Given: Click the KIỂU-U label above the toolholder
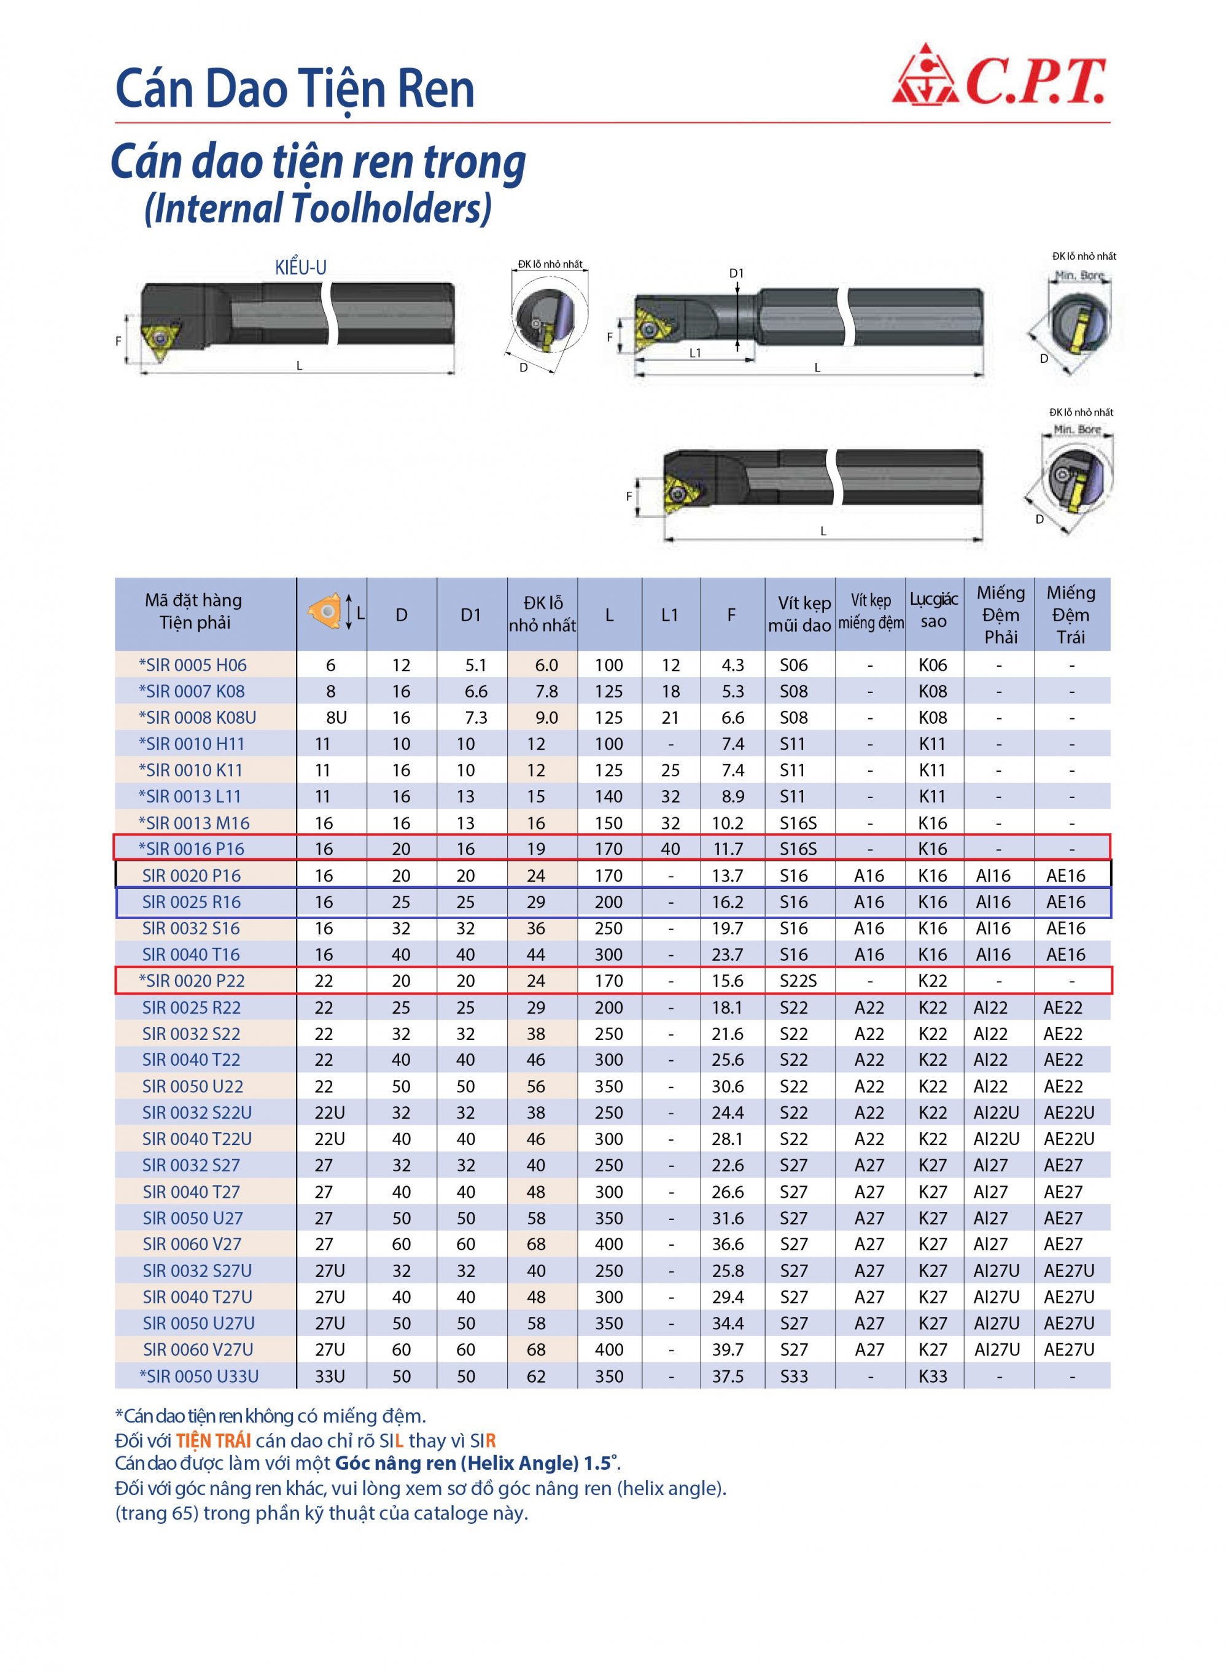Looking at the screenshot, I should (x=300, y=268).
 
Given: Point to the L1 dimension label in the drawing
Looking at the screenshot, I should (x=694, y=354).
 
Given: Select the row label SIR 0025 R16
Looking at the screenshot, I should (x=192, y=901).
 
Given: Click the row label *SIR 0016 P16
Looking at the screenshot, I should (x=192, y=848).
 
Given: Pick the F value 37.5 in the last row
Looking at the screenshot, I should (x=728, y=1376).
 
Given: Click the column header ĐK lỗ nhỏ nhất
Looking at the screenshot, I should (x=542, y=614).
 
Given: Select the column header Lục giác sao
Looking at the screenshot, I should (x=934, y=610).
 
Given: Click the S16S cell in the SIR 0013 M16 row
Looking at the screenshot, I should (x=798, y=823).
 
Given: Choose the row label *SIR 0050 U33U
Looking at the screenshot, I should (x=198, y=1376).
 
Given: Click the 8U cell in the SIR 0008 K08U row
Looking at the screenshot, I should (x=336, y=717).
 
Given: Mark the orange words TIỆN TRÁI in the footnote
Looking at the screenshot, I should (x=213, y=1441).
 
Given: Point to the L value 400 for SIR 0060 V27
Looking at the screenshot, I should (x=609, y=1244).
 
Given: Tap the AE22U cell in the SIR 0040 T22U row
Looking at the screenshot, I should (x=1069, y=1139).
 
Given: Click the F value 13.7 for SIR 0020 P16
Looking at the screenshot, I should (x=727, y=875).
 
